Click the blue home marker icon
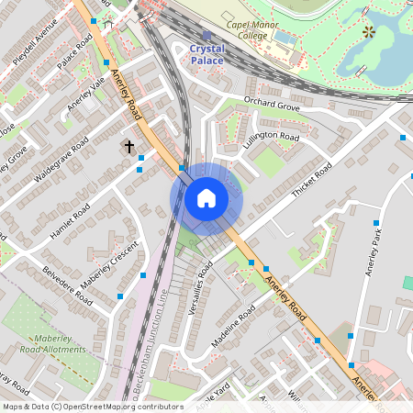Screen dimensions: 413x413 pos(206,198)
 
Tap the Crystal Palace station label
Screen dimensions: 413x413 pos(206,53)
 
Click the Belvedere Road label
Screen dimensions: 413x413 pos(68,286)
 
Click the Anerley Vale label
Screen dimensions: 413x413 pos(88,94)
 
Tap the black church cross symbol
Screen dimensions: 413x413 pos(128,146)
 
